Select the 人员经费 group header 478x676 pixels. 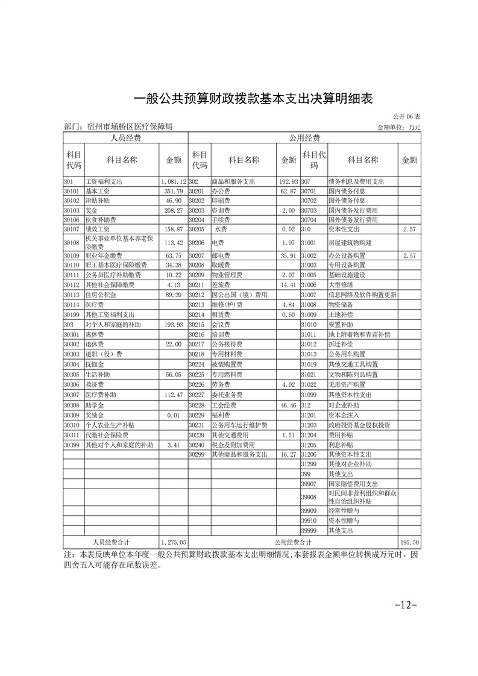click(x=125, y=138)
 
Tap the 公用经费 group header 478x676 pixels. click(x=304, y=138)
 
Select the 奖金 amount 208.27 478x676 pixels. click(x=172, y=210)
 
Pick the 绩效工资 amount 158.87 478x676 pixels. click(x=172, y=229)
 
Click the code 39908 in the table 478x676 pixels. click(x=309, y=496)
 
